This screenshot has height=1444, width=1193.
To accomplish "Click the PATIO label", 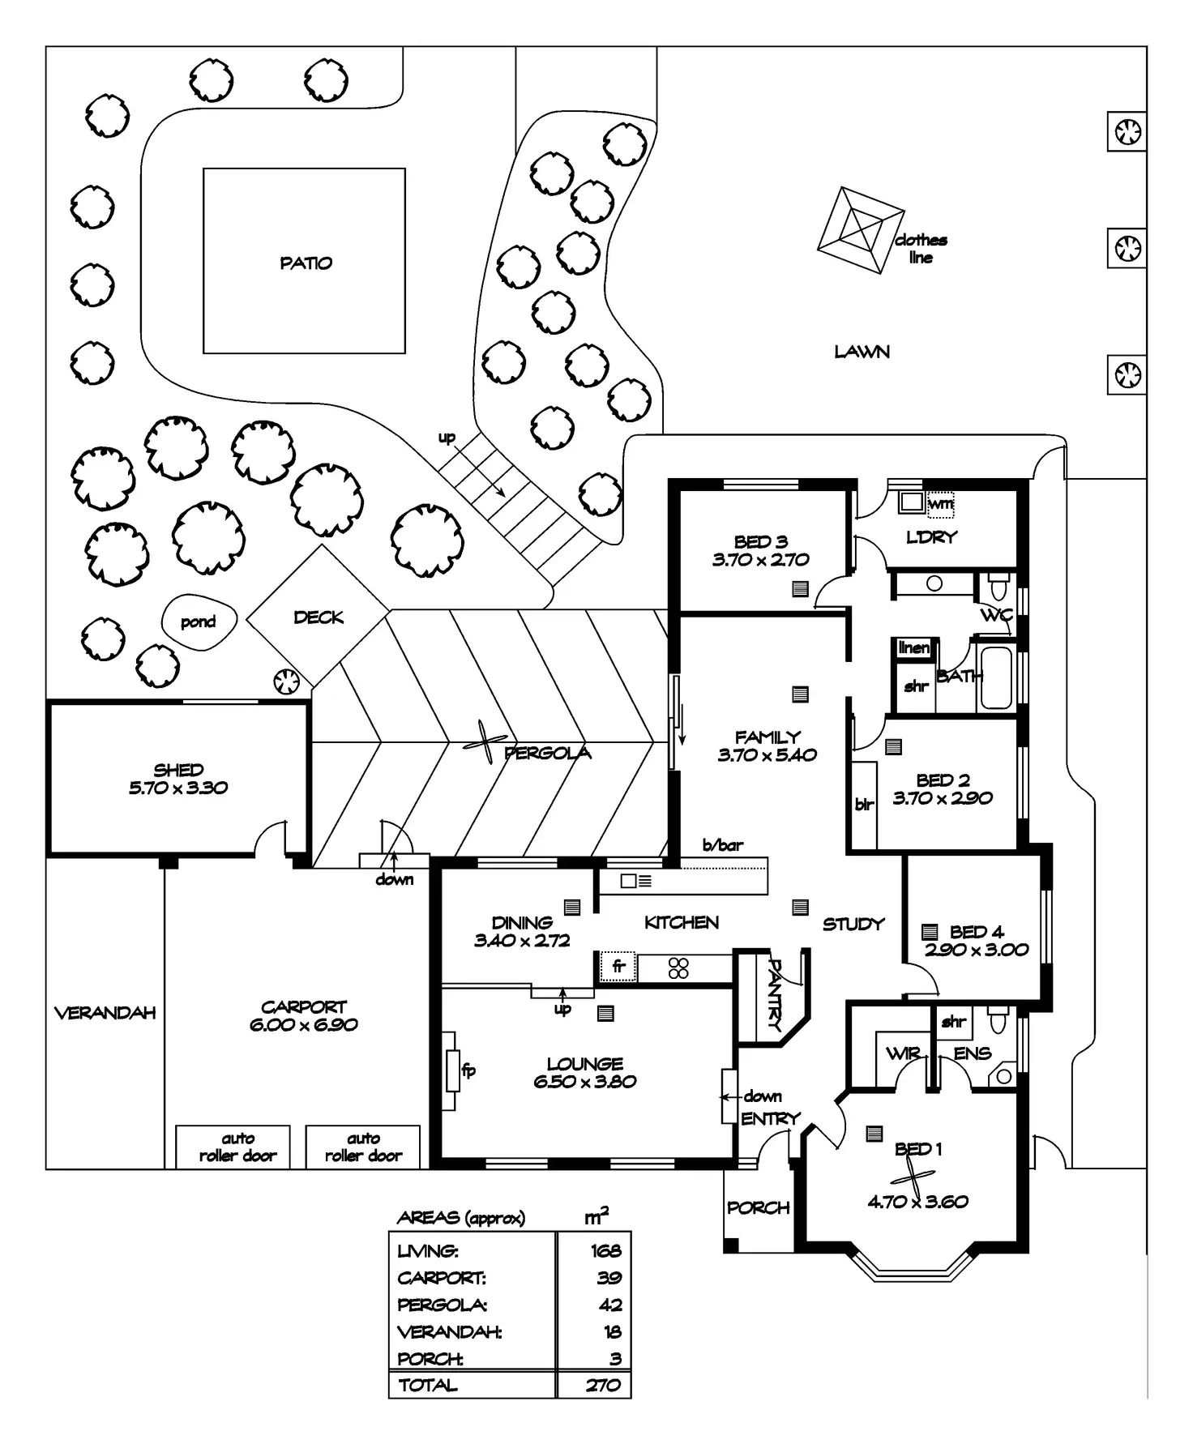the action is point(306,263).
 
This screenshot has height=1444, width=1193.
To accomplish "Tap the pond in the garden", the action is point(199,622).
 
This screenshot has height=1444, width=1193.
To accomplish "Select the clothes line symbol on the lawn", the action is point(860,231).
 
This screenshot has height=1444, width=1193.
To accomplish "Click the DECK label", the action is point(319,617).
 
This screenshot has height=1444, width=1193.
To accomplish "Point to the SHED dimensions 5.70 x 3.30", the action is point(178,788).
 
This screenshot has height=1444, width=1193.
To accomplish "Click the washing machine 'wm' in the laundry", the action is point(940,504).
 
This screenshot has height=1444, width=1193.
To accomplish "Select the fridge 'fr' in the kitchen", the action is point(618,966).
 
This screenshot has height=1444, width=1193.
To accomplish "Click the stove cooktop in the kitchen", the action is point(678,968).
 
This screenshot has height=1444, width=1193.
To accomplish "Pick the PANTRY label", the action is point(774,995).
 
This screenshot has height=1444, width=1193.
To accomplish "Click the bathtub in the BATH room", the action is point(996,677).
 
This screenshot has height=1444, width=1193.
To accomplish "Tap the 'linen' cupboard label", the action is point(914,647).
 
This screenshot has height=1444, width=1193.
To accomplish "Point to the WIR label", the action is point(903,1053).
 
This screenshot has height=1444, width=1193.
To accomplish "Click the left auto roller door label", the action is point(237,1147).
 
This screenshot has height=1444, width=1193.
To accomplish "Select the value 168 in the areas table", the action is point(606,1251).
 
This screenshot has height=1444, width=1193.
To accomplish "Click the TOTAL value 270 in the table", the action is point(604,1386).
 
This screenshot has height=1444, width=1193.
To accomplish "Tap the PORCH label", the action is point(758,1207).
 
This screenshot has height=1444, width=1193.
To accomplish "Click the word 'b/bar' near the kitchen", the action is point(722,845).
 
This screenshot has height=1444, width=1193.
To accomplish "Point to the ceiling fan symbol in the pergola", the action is point(485,742).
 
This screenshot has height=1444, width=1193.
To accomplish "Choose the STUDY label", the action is point(853,924).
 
